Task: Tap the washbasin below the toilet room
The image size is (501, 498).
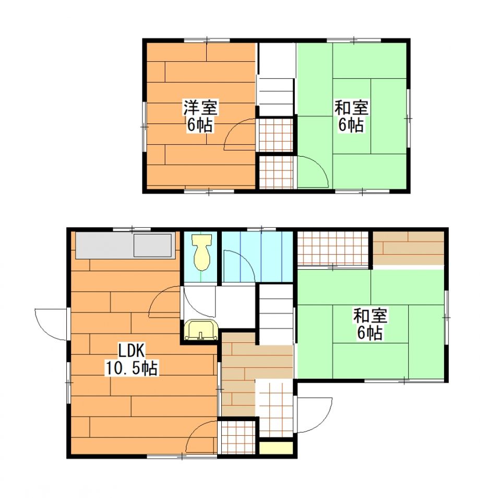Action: (201, 330)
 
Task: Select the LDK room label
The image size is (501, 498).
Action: (132, 351)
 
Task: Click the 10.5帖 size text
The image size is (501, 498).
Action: (132, 368)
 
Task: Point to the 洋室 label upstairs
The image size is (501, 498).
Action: (200, 108)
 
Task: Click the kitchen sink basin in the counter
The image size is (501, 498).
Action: (152, 245)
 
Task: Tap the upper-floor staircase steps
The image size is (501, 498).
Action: (276, 97)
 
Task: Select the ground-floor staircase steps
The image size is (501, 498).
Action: (276, 315)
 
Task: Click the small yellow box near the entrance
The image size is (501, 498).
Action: (276, 448)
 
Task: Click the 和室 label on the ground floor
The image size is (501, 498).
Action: (370, 316)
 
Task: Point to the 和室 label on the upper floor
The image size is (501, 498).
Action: (351, 108)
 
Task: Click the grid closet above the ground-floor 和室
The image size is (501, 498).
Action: (333, 248)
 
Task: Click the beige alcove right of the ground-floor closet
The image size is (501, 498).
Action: (409, 248)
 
